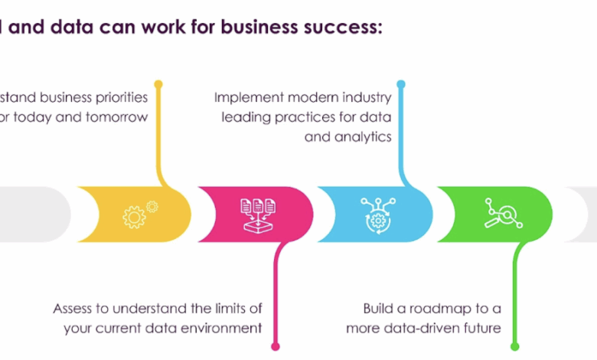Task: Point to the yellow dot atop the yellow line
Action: coord(158,83)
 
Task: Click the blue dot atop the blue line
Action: coord(400,83)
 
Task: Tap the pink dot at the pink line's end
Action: coord(276,345)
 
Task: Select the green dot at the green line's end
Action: coord(515,345)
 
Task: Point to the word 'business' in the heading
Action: coord(253,28)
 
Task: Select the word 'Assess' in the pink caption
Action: coord(73,309)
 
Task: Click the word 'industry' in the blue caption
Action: coord(365,98)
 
